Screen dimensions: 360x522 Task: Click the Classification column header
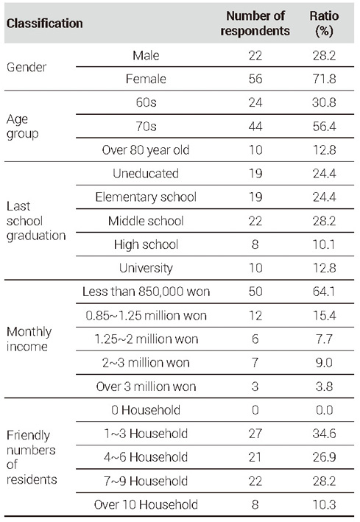[45, 24]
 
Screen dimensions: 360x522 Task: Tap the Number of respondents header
[255, 24]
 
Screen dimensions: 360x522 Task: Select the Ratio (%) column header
[324, 24]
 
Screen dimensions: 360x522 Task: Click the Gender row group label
[27, 67]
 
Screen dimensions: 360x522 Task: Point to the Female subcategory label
[146, 79]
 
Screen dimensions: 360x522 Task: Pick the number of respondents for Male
[255, 55]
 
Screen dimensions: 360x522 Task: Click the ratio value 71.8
[324, 79]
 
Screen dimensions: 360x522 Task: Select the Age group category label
[22, 127]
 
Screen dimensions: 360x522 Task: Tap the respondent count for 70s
[255, 127]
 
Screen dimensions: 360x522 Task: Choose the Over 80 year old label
[146, 150]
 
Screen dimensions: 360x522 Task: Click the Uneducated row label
[146, 174]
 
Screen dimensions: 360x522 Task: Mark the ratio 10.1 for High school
[324, 244]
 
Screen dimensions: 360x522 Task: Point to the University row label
[146, 268]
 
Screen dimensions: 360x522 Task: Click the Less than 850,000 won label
[146, 292]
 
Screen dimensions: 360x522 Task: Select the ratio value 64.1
[324, 292]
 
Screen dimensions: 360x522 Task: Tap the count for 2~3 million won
[255, 362]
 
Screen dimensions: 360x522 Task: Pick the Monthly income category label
[29, 339]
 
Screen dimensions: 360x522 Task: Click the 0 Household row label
[146, 410]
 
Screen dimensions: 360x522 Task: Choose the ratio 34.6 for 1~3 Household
[324, 434]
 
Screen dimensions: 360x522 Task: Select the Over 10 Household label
[146, 504]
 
